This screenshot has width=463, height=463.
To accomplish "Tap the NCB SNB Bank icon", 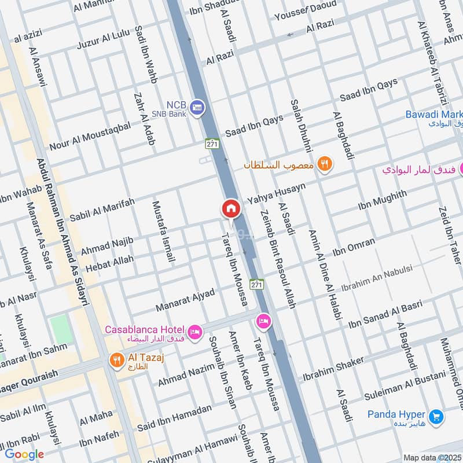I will pyautogui.click(x=198, y=108).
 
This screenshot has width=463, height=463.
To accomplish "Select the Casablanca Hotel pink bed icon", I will pyautogui.click(x=196, y=331).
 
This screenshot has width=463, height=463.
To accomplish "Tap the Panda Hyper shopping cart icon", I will pyautogui.click(x=436, y=416).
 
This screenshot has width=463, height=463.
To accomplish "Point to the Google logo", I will pyautogui.click(x=24, y=454).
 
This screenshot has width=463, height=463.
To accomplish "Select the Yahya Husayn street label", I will pyautogui.click(x=276, y=193).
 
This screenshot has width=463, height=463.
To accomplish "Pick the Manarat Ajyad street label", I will pyautogui.click(x=185, y=300).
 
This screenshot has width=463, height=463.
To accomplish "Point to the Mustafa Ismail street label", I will pyautogui.click(x=163, y=231).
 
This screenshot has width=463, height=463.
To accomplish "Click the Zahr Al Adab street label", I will pyautogui.click(x=145, y=119).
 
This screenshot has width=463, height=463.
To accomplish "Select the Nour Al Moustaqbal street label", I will pyautogui.click(x=90, y=137).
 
